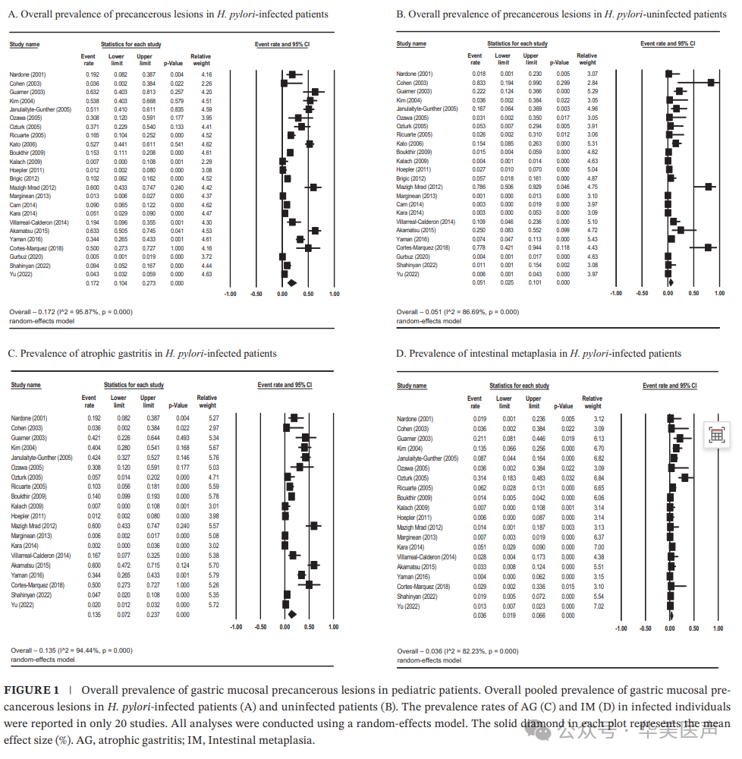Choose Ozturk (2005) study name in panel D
(413, 478)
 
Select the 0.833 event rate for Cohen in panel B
(474, 82)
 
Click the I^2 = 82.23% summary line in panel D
(457, 651)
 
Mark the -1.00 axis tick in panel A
(230, 293)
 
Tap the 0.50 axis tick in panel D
(694, 628)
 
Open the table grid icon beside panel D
(716, 434)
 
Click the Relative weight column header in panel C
(206, 401)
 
